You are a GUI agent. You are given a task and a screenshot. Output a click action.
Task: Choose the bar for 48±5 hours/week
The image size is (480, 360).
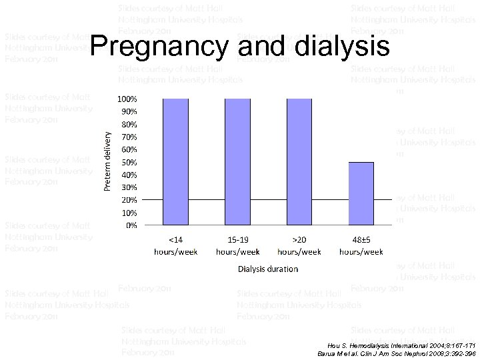361,193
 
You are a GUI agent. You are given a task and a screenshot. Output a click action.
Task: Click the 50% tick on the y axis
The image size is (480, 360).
129,162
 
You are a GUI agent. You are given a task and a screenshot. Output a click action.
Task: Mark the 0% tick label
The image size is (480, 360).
132,225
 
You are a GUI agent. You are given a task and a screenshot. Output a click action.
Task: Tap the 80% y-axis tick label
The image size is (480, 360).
129,124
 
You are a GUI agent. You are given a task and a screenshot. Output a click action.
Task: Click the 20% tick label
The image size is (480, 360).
129,200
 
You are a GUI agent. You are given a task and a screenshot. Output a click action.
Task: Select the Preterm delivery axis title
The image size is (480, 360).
108,160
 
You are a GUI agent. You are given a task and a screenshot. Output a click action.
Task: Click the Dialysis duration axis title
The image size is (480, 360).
268,269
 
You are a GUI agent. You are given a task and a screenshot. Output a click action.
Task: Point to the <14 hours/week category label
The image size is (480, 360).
175,246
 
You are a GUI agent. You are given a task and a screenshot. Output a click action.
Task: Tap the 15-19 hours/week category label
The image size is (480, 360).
237,246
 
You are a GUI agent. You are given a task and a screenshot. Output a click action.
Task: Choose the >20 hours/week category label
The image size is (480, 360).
299,246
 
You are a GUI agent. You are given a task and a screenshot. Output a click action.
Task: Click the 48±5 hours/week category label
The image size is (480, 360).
361,246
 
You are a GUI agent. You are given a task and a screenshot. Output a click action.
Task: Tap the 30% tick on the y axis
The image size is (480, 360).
129,187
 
